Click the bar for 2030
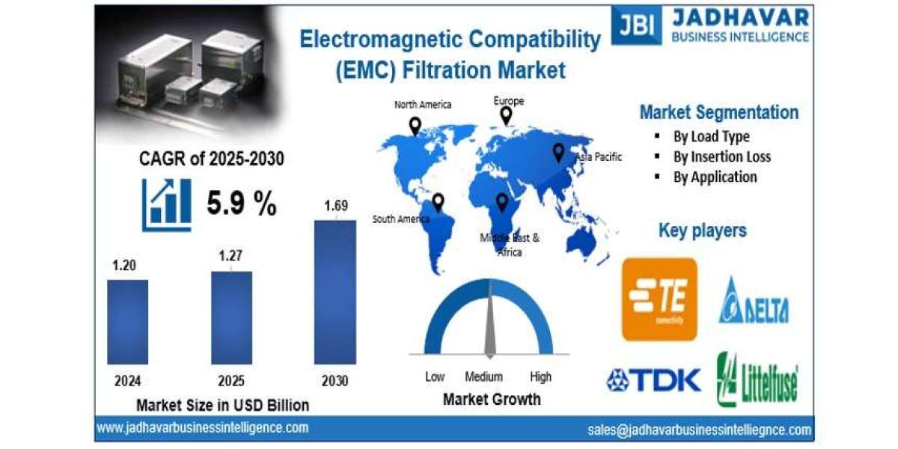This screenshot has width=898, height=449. pos(335,292)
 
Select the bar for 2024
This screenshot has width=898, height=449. pos(127,322)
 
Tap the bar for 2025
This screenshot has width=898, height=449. pos(231,317)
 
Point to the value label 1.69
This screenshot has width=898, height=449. pos(335,205)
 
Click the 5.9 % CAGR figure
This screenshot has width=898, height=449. pos(242,204)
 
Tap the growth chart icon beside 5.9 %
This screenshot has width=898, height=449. pos(166,204)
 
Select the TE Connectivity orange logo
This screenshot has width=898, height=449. pos(659,299)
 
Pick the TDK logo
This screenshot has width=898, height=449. pos(653,380)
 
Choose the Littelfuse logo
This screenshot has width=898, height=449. pos(757,379)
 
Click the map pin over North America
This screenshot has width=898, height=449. pos(415,126)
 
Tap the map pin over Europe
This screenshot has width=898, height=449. pos(507,115)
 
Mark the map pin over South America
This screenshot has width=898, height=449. pos(439,202)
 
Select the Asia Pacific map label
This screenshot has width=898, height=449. pos(599,157)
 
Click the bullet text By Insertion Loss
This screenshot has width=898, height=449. pos(721,156)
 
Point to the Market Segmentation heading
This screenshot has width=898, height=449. pos(718,112)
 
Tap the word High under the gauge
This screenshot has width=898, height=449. pos(540,376)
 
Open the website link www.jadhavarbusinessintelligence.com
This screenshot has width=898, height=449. pos(202,427)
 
